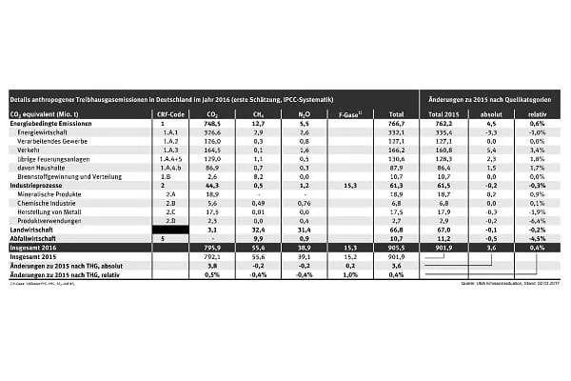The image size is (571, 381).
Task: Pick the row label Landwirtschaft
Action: (33, 229)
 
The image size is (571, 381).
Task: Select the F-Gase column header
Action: (346, 113)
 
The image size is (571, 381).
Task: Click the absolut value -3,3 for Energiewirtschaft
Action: (491, 132)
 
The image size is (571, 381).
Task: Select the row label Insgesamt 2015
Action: (34, 255)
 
